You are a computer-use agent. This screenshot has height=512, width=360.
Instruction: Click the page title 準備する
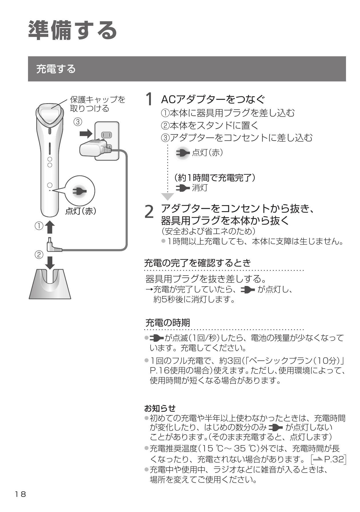tap(73, 30)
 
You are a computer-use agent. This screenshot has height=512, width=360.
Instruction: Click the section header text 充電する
tap(56, 69)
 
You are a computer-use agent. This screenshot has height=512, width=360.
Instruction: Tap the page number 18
tap(21, 494)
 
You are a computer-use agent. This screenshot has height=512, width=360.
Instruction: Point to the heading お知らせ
tap(160, 408)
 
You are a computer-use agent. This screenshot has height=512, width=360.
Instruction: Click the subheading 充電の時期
tap(167, 323)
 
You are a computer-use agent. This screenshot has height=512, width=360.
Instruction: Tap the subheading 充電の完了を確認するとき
tap(197, 262)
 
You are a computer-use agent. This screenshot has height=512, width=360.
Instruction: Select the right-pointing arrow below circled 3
tap(86, 133)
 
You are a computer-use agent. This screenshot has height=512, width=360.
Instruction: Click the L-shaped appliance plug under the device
tap(54, 246)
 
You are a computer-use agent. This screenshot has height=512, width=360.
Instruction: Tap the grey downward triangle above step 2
tap(168, 197)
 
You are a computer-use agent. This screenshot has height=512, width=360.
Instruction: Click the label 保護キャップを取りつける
tap(97, 104)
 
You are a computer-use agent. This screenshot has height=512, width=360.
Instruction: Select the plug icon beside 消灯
tap(183, 188)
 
